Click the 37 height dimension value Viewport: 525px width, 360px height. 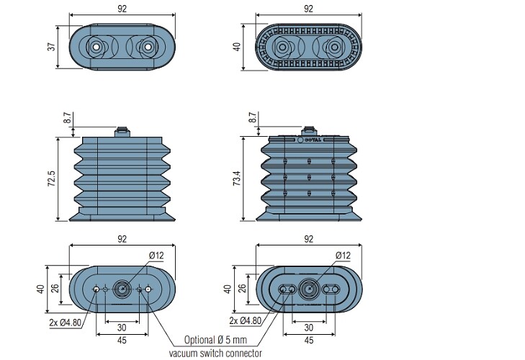coord(52,47)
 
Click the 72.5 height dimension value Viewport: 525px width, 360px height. coord(52,179)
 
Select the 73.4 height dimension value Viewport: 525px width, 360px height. coord(237,178)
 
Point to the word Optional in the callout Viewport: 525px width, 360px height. coord(199,340)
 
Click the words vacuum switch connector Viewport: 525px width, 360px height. coord(215,354)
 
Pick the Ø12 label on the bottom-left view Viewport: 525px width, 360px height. coord(156,256)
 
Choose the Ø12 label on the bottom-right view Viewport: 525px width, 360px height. coord(343,256)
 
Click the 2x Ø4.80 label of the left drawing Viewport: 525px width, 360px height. coord(66,323)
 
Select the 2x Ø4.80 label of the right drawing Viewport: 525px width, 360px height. coord(245,320)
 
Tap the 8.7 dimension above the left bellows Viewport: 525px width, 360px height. coord(67,117)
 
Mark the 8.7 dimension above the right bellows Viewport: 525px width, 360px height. coord(253,117)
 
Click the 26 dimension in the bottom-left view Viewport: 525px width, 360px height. coord(55,288)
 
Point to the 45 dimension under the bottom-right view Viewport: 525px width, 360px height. coord(309,341)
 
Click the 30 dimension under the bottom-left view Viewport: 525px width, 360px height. coord(122,328)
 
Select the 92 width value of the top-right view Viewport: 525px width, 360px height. coord(308,9)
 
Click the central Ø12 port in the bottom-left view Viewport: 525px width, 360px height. coord(122,288)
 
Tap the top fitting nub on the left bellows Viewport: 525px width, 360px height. coord(122,132)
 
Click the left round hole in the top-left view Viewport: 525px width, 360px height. coord(96,47)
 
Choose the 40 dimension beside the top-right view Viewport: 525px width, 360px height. coord(237,47)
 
